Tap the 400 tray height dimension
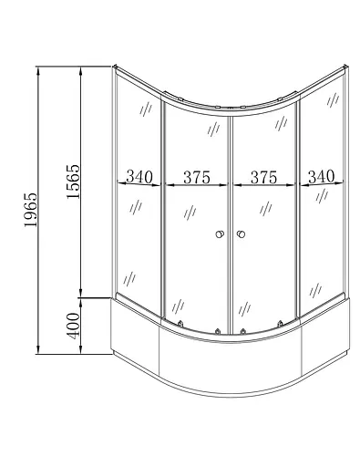73,323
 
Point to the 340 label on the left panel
139,177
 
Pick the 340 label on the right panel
322,177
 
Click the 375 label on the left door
196,177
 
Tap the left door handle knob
219,237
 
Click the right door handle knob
242,237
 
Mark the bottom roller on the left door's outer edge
180,324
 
